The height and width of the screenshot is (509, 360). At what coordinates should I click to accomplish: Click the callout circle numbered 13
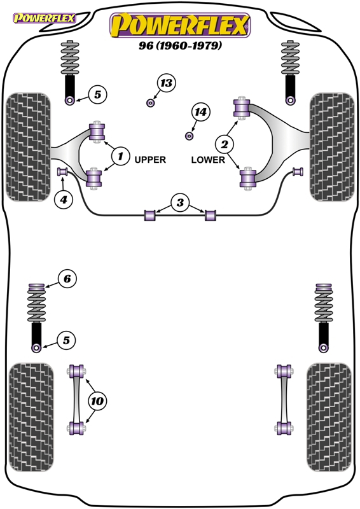pyautogui.click(x=166, y=83)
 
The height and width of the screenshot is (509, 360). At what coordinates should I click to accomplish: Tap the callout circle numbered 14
pyautogui.click(x=200, y=113)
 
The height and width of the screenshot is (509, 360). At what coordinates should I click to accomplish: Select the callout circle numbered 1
pyautogui.click(x=120, y=156)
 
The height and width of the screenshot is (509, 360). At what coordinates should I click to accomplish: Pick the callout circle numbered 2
pyautogui.click(x=225, y=144)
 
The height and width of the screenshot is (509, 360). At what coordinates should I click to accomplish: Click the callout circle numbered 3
pyautogui.click(x=180, y=203)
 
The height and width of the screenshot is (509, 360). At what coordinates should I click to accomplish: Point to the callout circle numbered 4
pyautogui.click(x=64, y=199)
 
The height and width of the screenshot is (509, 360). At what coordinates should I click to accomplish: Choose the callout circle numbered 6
pyautogui.click(x=67, y=279)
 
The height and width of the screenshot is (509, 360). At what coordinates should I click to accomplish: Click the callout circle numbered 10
pyautogui.click(x=97, y=401)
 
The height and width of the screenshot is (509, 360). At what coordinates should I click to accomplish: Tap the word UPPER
pyautogui.click(x=150, y=160)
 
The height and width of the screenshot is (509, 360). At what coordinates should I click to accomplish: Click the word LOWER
pyautogui.click(x=208, y=160)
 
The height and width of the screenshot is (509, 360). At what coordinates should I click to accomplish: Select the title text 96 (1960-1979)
pyautogui.click(x=181, y=45)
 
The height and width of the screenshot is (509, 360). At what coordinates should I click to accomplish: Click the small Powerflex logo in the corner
pyautogui.click(x=44, y=18)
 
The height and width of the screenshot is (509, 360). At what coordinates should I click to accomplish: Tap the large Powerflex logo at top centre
pyautogui.click(x=180, y=25)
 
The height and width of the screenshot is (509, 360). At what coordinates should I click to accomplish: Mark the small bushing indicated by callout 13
pyautogui.click(x=150, y=103)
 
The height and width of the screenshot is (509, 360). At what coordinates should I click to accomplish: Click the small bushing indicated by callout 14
pyautogui.click(x=190, y=136)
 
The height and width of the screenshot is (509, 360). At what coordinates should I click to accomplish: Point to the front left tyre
pyautogui.click(x=28, y=147)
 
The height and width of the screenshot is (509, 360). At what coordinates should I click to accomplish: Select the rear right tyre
pyautogui.click(x=329, y=417)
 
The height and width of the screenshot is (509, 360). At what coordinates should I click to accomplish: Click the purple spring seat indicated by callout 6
pyautogui.click(x=36, y=287)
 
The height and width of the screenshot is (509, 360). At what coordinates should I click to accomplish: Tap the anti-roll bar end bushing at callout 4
pyautogui.click(x=62, y=171)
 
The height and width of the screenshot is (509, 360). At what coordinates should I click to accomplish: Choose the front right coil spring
pyautogui.click(x=291, y=58)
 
